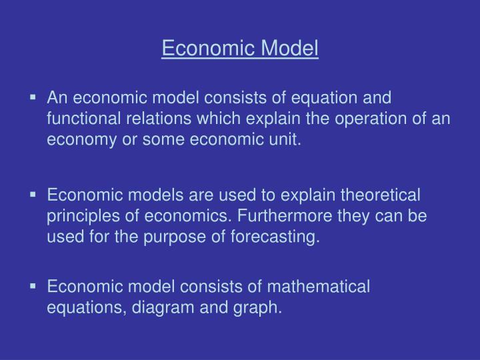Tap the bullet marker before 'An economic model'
click(33, 97)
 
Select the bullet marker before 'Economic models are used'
click(33, 195)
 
